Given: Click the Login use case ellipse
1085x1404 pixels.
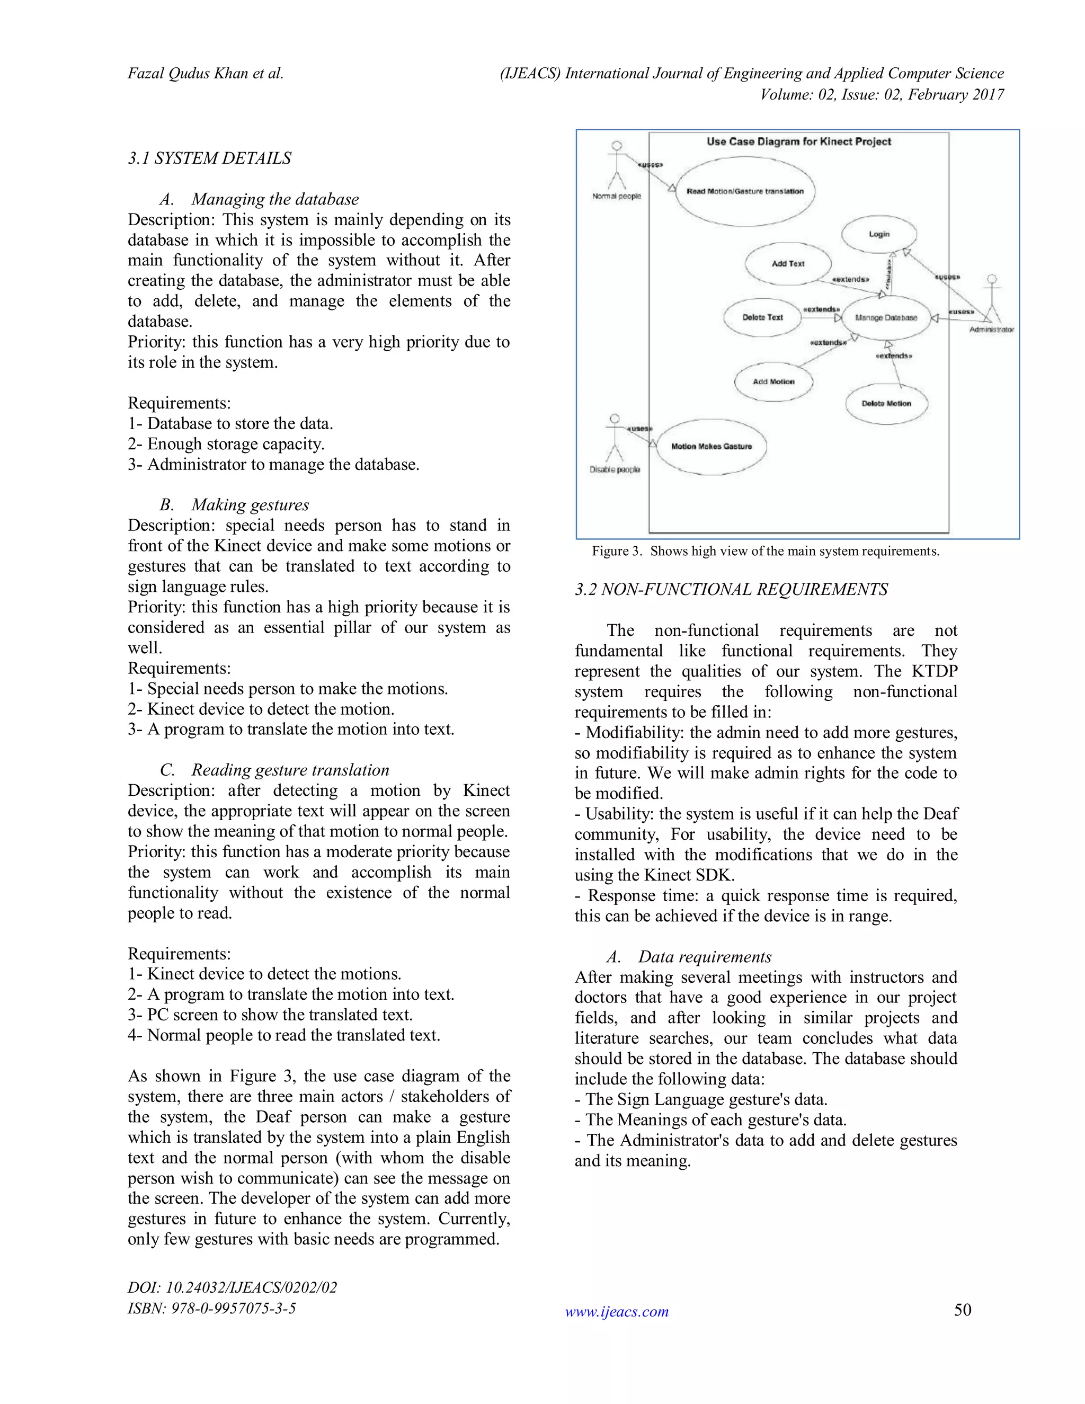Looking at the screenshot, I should click(879, 234).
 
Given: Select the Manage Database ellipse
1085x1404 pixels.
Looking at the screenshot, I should click(886, 317).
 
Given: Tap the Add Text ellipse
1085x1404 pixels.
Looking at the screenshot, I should click(787, 263).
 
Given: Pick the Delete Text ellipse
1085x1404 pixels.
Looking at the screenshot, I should click(762, 317).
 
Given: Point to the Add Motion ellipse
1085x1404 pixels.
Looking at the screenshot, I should click(773, 382).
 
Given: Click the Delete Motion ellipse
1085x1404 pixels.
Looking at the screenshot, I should click(886, 404).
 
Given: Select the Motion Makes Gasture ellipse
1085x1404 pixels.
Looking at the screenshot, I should click(711, 446).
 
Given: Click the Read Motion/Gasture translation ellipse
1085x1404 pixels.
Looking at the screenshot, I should click(744, 192).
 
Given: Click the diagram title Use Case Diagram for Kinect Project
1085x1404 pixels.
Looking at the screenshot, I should click(798, 141).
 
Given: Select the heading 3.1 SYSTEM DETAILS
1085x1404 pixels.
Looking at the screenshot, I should click(210, 158).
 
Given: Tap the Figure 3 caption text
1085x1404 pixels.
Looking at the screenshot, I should click(765, 551).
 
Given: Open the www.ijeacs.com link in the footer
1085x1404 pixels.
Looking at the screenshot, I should click(617, 1311).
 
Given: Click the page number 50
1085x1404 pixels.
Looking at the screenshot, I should click(962, 1310).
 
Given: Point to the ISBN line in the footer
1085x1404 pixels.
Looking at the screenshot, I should click(211, 1308).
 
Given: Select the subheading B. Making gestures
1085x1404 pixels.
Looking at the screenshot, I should click(235, 504).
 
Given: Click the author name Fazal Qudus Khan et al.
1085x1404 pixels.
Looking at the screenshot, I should click(205, 73).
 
